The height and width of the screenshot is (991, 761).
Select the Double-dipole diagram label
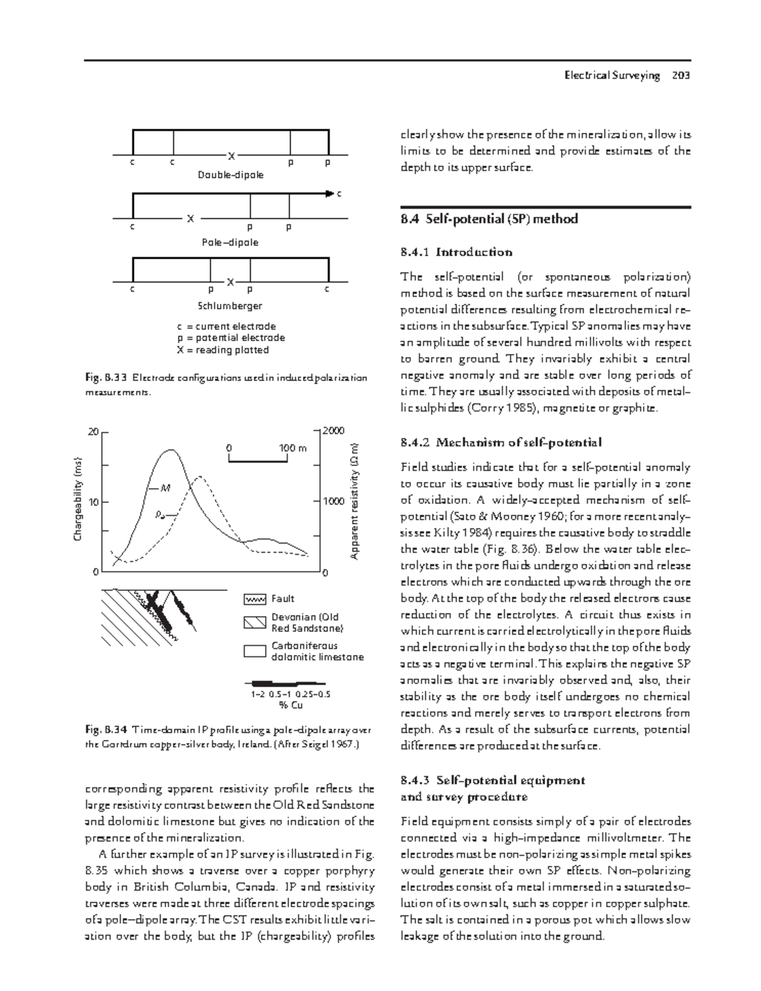(231, 175)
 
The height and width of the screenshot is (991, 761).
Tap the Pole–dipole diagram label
(230, 242)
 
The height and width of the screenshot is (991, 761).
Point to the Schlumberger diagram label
(230, 306)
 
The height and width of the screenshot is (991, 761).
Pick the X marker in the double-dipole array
(231, 155)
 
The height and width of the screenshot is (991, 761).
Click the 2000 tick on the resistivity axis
(334, 431)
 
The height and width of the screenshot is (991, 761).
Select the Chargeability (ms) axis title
(78, 498)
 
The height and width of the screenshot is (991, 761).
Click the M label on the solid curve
(166, 488)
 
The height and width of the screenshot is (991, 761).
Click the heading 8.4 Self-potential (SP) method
(489, 219)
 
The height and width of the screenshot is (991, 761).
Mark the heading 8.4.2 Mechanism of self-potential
(501, 442)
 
